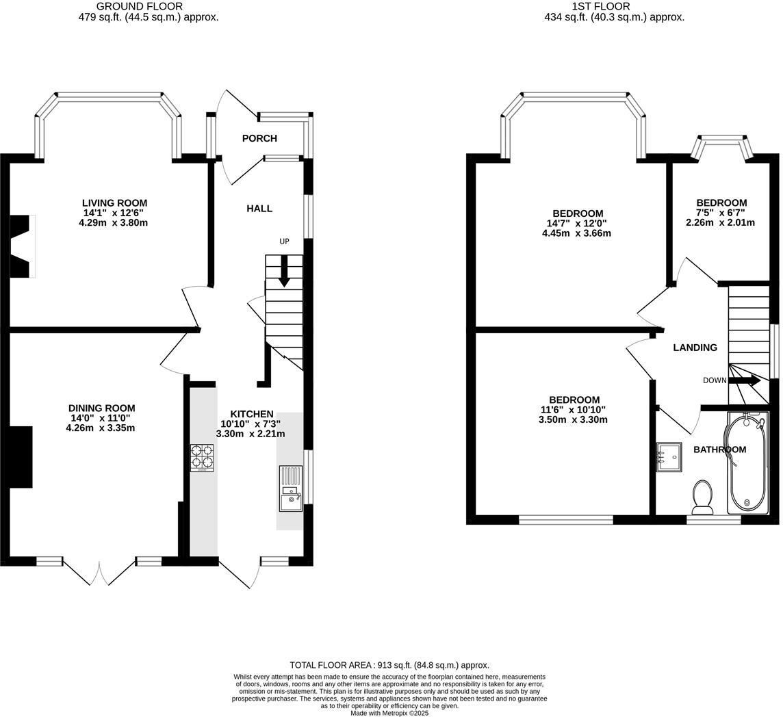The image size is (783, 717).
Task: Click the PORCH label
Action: click(259, 139)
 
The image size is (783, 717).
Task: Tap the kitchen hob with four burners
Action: click(202, 458)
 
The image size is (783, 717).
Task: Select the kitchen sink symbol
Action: click(290, 488)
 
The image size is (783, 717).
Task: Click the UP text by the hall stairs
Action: click(284, 242)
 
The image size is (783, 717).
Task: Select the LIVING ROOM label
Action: click(114, 203)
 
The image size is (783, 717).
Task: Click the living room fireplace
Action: click(23, 246)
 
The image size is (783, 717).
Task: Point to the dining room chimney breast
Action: click(21, 457)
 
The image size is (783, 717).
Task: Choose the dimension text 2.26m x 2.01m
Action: click(720, 222)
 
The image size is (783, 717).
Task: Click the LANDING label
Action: click(695, 348)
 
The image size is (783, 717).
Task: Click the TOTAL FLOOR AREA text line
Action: click(389, 665)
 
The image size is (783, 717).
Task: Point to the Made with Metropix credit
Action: click(389, 713)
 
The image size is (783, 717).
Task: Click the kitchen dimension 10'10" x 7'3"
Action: click(251, 424)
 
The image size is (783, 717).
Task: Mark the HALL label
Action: click(259, 209)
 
